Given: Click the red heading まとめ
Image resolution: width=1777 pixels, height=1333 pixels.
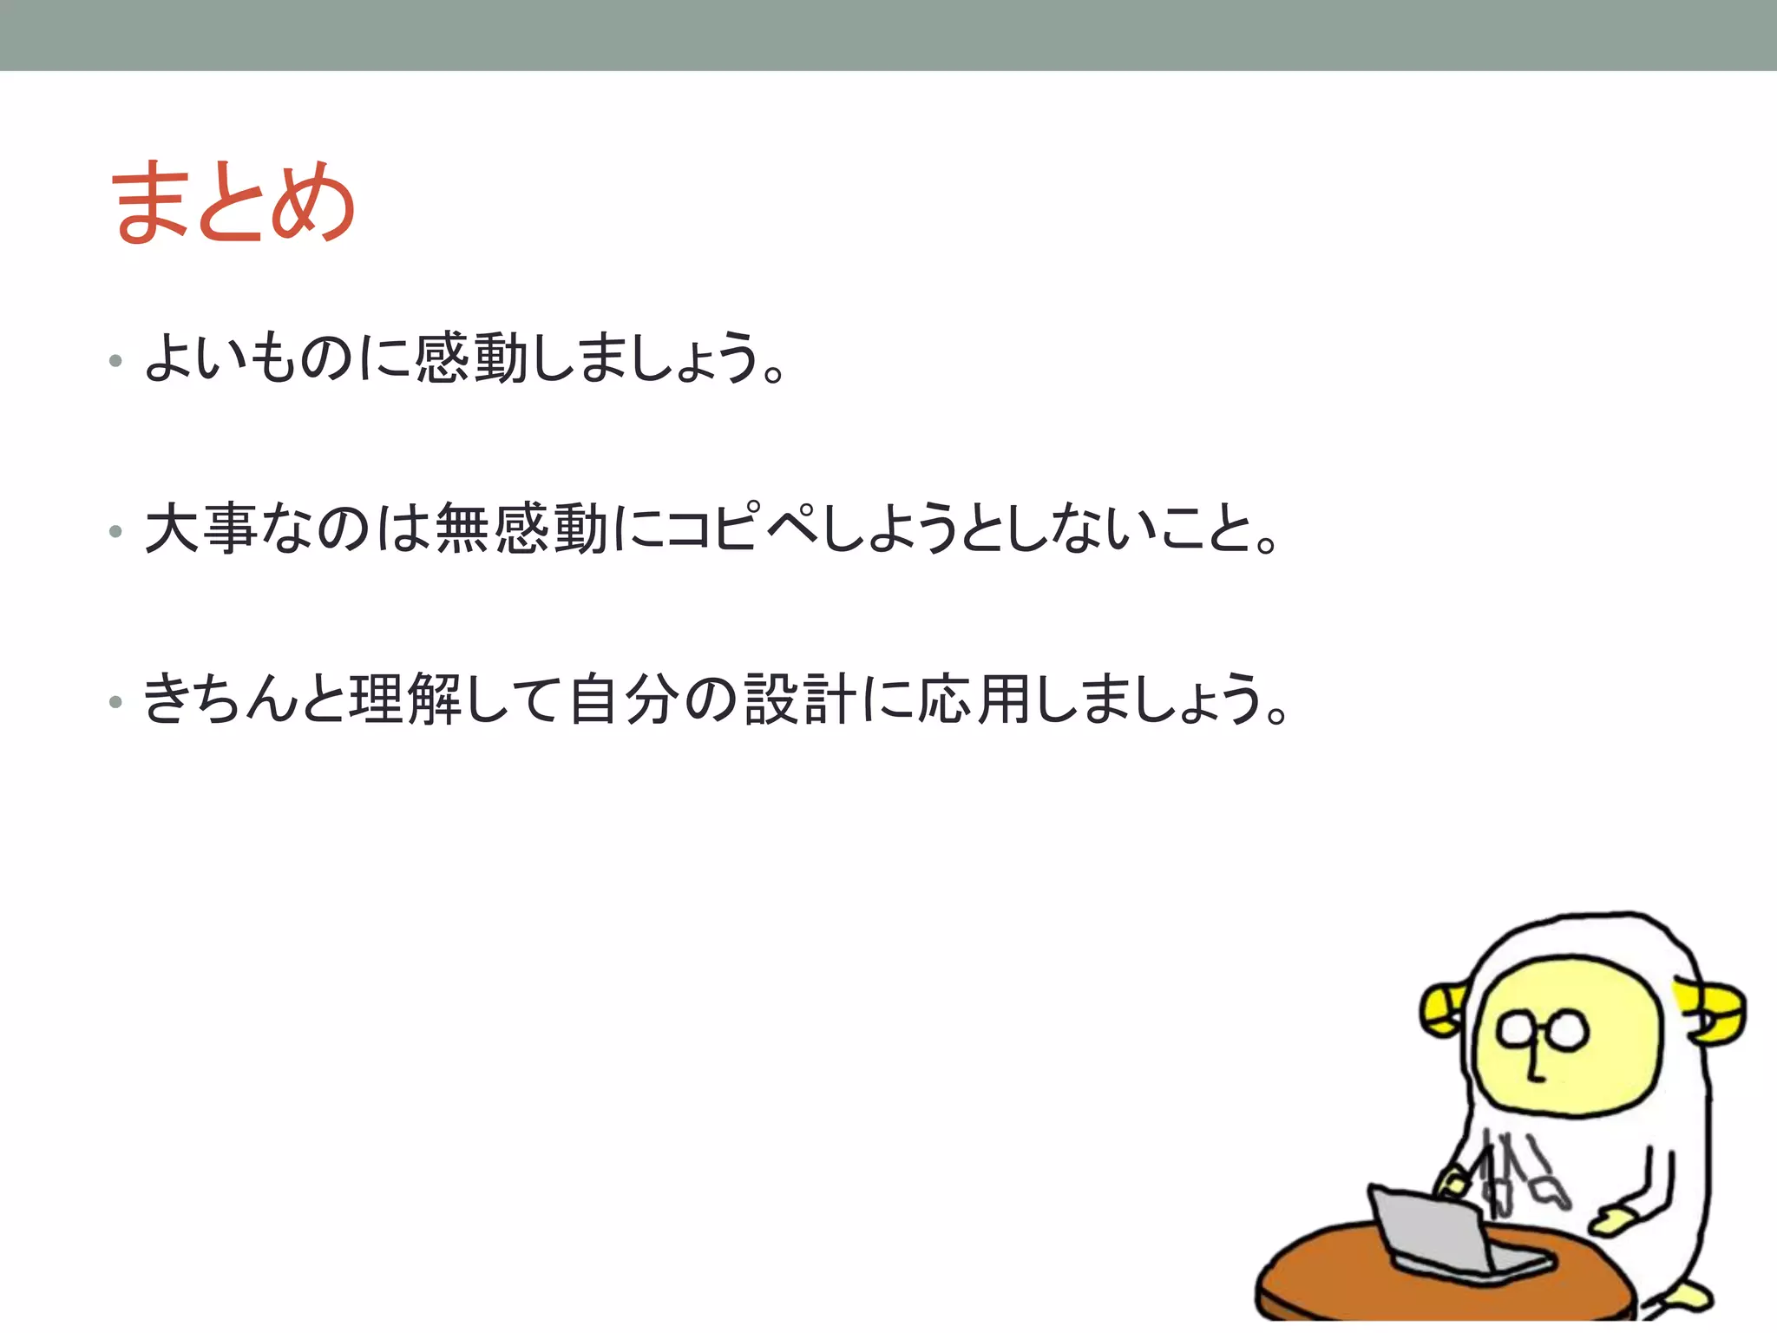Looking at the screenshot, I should [x=233, y=203].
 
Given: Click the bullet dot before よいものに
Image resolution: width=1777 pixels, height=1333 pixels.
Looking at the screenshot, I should [x=115, y=360].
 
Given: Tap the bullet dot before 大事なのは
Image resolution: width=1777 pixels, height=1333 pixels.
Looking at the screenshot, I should [x=115, y=531].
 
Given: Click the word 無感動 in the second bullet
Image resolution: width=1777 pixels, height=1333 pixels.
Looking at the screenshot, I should [x=521, y=528].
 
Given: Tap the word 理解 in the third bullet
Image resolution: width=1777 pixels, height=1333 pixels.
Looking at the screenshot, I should [x=405, y=699].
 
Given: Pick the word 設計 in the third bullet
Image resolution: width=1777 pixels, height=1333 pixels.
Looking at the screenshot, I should [x=800, y=699].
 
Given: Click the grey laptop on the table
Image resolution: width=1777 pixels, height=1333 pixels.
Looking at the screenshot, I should [x=1440, y=1232].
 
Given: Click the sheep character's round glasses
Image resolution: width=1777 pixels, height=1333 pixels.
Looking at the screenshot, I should [x=1543, y=1031].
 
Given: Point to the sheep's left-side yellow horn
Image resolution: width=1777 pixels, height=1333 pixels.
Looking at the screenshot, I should [x=1441, y=1009].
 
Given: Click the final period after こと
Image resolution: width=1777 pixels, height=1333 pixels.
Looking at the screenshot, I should [x=1268, y=544].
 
